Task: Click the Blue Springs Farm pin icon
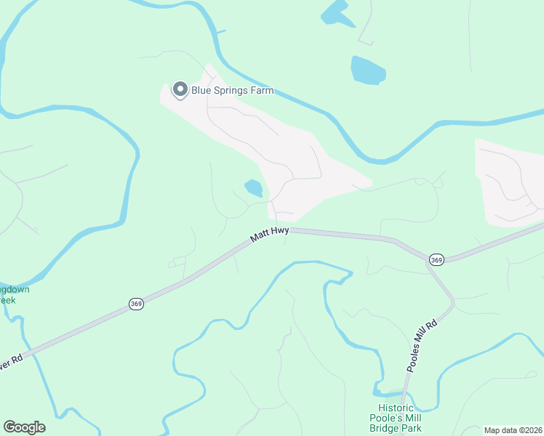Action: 179,90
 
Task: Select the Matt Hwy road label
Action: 270,234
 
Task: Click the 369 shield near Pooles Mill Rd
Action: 436,259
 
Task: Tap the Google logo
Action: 24,427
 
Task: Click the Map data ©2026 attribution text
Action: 513,430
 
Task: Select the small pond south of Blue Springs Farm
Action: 253,188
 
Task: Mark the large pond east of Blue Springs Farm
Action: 368,70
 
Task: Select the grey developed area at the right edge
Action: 509,182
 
